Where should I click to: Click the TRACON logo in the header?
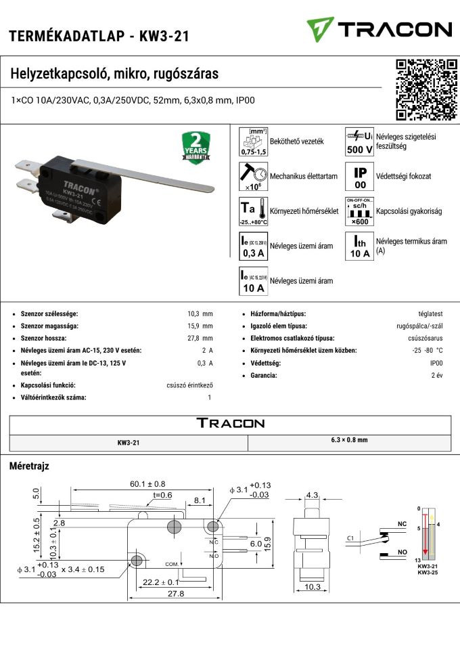point(378,29)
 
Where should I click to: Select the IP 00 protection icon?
point(360,176)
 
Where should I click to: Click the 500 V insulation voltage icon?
point(360,142)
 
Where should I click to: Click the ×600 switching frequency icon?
point(360,211)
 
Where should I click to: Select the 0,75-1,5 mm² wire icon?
point(254,142)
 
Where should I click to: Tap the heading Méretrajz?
point(29,466)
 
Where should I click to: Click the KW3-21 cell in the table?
point(129,442)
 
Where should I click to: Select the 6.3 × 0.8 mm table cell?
point(350,440)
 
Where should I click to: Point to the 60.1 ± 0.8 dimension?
point(147,484)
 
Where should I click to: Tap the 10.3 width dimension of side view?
point(312,587)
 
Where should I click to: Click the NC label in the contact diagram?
point(402,524)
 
